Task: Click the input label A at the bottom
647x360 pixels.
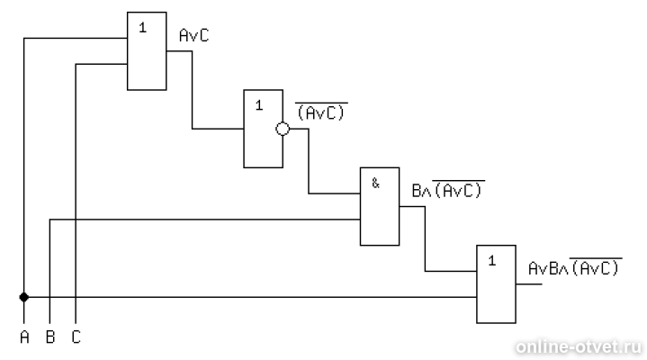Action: [24, 337]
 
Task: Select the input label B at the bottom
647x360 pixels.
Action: [50, 337]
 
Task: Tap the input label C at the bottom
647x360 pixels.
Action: [76, 337]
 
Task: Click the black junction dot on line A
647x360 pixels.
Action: [24, 297]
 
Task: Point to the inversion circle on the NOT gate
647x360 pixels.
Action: [283, 129]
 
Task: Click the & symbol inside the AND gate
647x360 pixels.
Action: [375, 183]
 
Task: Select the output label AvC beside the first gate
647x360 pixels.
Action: [194, 35]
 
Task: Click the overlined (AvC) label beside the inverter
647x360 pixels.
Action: [321, 112]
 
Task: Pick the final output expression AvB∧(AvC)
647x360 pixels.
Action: [575, 267]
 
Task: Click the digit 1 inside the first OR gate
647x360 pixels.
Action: [143, 28]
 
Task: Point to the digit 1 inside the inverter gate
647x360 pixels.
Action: [259, 105]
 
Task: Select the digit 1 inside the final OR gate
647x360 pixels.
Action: [492, 260]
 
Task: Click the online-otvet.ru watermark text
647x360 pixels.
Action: [579, 346]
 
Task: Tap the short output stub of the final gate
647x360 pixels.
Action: [529, 284]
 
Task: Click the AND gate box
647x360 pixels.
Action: [380, 206]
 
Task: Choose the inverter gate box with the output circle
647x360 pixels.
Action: [264, 129]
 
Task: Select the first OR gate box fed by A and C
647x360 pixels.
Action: [147, 51]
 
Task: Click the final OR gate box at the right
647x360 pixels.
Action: [496, 284]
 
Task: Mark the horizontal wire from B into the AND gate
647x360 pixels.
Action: [204, 220]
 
